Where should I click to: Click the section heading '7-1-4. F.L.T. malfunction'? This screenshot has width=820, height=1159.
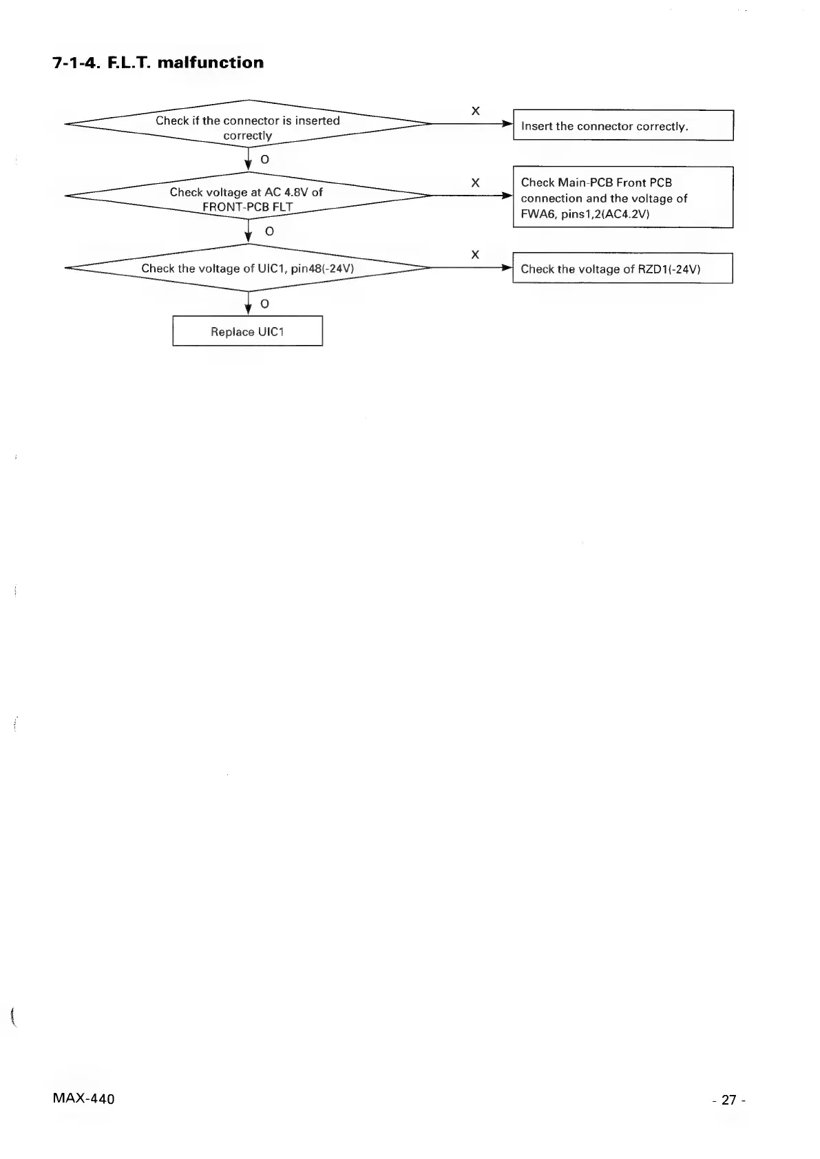[158, 63]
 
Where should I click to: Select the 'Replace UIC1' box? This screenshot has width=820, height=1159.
[247, 331]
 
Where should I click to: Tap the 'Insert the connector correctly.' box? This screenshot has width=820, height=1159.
[623, 125]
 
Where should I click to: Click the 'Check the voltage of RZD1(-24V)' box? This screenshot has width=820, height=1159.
[622, 269]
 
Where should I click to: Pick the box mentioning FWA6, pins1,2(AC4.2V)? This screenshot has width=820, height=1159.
[622, 198]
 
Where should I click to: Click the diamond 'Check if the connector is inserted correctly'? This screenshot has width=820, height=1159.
[247, 127]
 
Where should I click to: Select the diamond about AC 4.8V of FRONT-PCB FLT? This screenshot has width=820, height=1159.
[247, 199]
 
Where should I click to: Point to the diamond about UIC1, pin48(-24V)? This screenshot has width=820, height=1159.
[247, 268]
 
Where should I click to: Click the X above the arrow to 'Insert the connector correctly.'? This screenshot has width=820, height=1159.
[475, 111]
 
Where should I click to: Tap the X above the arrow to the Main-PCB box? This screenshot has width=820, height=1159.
[475, 182]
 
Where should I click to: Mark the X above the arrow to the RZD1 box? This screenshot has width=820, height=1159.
[475, 255]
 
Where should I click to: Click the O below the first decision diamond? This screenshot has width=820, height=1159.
[264, 160]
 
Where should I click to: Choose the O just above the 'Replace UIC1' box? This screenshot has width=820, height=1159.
[264, 304]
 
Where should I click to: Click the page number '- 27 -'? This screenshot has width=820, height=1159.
[729, 1100]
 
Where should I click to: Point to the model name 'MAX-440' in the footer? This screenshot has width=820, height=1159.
[83, 1098]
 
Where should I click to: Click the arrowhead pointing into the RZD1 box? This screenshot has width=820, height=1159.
[507, 268]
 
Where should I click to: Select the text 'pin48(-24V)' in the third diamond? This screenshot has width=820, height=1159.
[322, 269]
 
